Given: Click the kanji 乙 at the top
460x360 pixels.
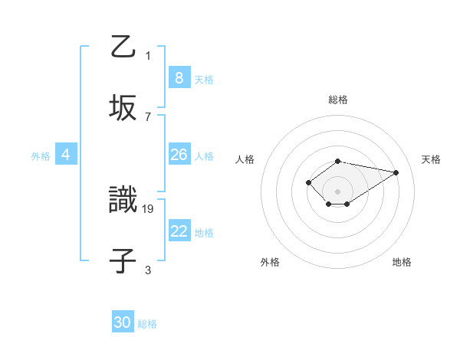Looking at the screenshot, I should [x=123, y=47].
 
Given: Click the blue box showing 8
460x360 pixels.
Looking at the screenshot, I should [x=179, y=78].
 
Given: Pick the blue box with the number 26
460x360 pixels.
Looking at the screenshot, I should [x=179, y=155].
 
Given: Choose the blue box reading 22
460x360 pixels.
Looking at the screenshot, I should [x=179, y=231].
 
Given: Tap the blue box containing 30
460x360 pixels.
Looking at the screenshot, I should [x=123, y=322].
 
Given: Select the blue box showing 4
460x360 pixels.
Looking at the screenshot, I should [x=66, y=155].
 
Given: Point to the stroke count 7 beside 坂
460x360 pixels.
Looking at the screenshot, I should [x=148, y=116].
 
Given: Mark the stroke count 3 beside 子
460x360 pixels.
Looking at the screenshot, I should [x=148, y=270].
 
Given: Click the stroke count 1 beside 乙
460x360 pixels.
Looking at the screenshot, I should [x=148, y=56].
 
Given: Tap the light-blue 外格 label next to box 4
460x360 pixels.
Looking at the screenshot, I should [x=41, y=155].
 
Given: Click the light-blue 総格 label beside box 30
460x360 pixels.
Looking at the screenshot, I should [x=147, y=324].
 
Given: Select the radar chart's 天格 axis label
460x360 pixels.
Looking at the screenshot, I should [x=431, y=159].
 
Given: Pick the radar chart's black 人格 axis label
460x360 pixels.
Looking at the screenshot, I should [x=245, y=159].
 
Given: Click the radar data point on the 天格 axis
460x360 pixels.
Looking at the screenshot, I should [x=396, y=172].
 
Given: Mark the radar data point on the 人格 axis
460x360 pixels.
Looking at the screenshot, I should [x=308, y=182].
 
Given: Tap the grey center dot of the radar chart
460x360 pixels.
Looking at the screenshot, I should [x=337, y=191].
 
